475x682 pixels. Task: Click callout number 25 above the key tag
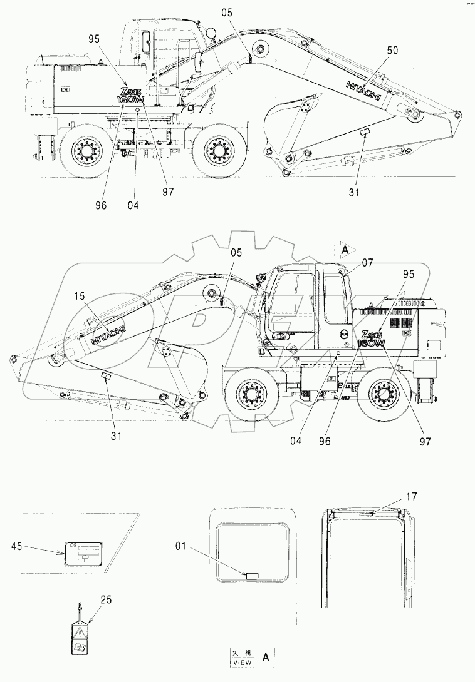click(x=107, y=600)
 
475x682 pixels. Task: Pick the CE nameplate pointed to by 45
click(x=84, y=554)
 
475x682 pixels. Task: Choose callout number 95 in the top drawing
click(x=95, y=38)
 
